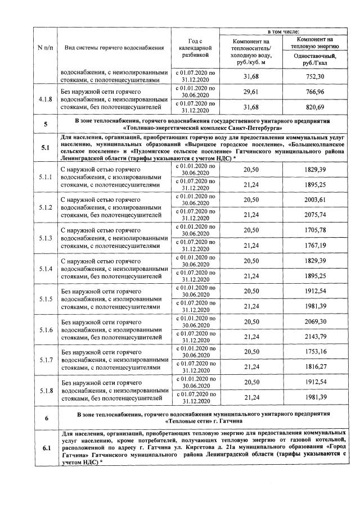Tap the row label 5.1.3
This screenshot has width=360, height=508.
pos(44,238)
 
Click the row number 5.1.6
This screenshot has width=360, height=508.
pos(44,329)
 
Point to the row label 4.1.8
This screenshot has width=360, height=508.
pos(44,99)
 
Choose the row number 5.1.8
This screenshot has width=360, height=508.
pos(44,389)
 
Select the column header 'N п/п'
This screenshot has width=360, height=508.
pos(44,47)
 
